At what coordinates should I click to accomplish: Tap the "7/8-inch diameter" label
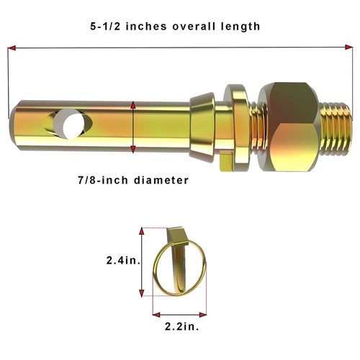pyautogui.click(x=133, y=180)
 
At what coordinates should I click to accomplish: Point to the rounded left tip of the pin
pyautogui.click(x=14, y=115)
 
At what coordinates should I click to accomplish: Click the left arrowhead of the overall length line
pyautogui.click(x=11, y=48)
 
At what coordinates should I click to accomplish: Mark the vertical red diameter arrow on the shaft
pyautogui.click(x=133, y=127)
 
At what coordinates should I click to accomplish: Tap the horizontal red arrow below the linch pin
pyautogui.click(x=179, y=313)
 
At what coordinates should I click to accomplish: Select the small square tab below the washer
pyautogui.click(x=226, y=163)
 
